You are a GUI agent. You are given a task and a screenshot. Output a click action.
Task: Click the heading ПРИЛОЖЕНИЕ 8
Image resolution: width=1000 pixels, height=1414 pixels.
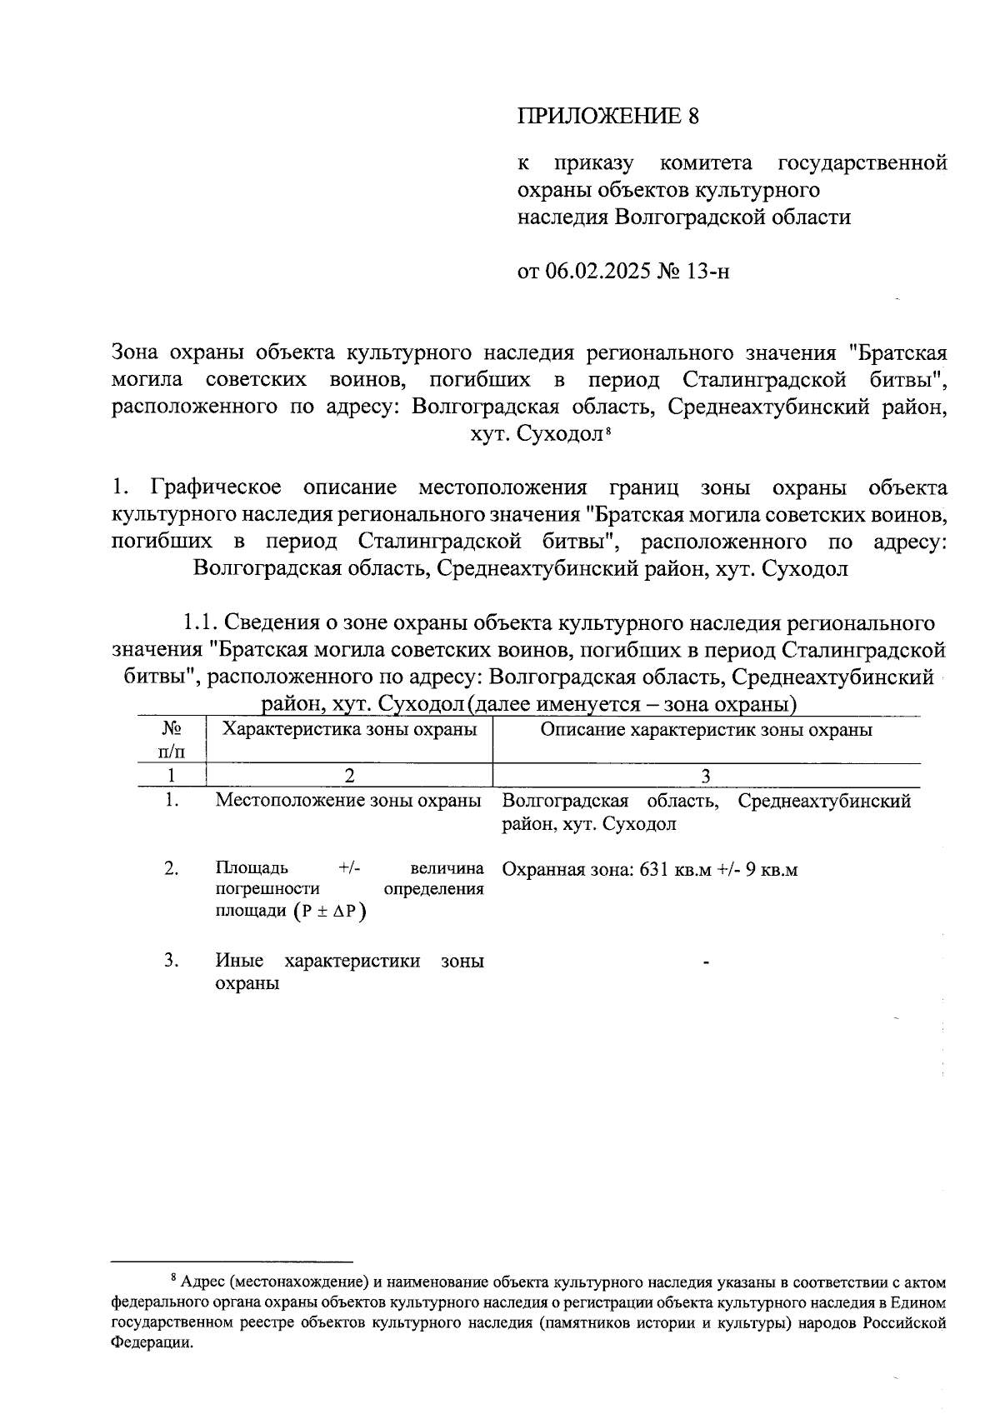607,116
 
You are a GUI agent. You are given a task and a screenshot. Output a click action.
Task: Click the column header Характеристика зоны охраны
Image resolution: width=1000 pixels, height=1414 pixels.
349,730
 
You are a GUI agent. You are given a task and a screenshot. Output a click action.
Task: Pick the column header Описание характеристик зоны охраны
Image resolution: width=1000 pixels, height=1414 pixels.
706,730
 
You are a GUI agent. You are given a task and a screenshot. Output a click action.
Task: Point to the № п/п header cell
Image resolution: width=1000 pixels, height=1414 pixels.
172,739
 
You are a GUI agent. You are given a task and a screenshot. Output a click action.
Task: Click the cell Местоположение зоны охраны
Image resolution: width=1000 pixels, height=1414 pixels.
348,801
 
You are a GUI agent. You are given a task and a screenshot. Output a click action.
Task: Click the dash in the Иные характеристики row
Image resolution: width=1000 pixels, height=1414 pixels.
706,963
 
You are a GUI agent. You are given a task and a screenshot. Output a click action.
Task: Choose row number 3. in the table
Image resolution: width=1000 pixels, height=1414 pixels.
172,961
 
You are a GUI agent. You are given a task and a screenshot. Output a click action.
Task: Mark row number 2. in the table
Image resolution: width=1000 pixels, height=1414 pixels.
172,868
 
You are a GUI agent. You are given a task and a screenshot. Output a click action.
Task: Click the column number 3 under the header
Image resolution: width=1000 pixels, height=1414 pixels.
706,776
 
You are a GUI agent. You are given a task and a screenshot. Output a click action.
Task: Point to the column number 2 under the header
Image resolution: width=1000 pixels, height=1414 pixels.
349,776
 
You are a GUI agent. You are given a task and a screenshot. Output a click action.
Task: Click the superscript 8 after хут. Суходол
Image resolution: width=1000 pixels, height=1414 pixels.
609,430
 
